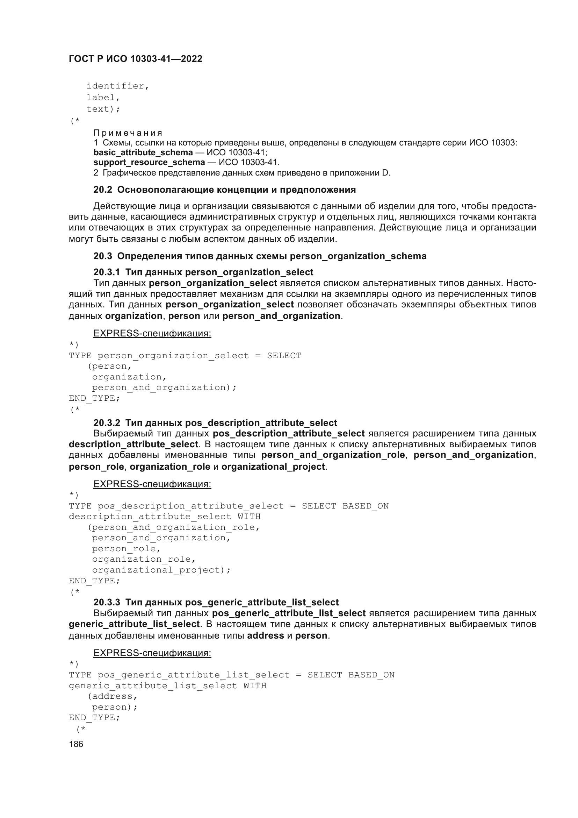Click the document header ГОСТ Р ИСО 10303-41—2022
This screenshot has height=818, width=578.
coord(136,59)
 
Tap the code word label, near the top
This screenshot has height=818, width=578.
coord(103,98)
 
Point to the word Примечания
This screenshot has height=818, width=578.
coord(128,133)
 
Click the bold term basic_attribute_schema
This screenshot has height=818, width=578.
coord(143,152)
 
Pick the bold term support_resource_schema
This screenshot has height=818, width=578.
coord(149,163)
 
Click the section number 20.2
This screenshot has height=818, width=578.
coord(103,190)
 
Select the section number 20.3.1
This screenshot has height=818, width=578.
coord(107,272)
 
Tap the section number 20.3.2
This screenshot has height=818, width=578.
coord(107,423)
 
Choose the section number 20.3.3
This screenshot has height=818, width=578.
coord(107,602)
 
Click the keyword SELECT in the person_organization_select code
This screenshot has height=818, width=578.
coord(284,356)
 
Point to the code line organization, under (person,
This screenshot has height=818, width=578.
coord(129,377)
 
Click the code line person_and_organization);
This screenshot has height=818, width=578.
coord(164,387)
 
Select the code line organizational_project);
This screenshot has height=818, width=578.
coord(161,570)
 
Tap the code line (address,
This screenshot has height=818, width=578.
coord(113,696)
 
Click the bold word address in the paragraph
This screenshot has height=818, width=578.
coord(265,635)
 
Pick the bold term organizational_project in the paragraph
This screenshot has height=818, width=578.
coord(273,467)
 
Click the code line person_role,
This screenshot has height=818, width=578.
coord(127,549)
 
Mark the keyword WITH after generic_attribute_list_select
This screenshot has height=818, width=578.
coord(255,686)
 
